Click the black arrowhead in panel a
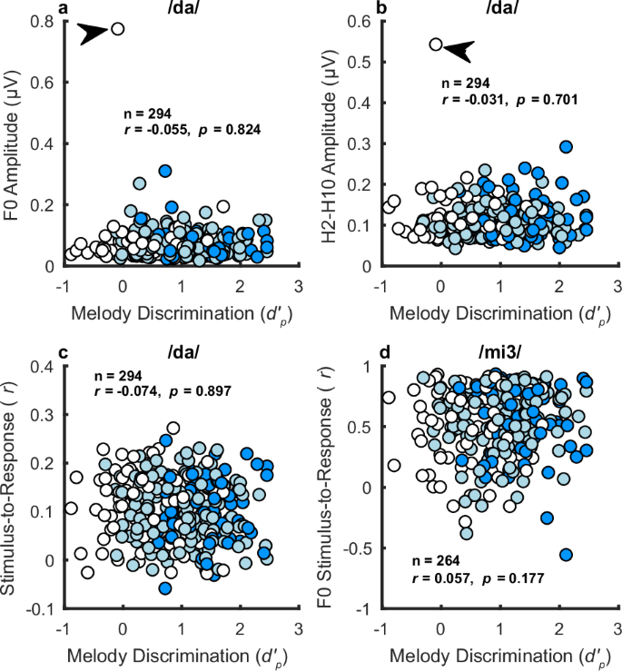93,34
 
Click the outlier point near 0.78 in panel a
117,29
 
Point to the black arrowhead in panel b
459,52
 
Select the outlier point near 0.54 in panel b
436,44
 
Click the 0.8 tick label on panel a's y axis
44,22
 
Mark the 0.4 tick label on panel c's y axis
44,366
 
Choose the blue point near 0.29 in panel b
566,146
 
